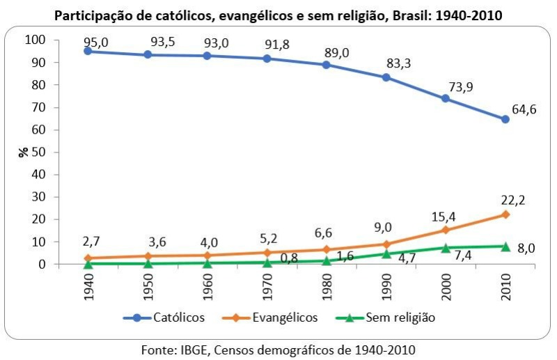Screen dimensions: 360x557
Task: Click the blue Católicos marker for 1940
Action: [x=87, y=52]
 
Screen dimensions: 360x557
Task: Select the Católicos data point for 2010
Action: [x=505, y=119]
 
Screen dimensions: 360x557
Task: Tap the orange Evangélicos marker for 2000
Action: [x=446, y=230]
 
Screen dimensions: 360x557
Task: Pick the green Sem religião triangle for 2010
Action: [x=505, y=246]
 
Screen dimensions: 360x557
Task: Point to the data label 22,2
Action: [x=512, y=201]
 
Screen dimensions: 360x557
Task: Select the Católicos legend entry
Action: [x=164, y=318]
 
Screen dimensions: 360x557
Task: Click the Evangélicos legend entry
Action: [x=274, y=318]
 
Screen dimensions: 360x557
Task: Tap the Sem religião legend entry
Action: [x=389, y=318]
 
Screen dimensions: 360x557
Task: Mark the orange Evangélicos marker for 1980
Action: [x=326, y=249]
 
